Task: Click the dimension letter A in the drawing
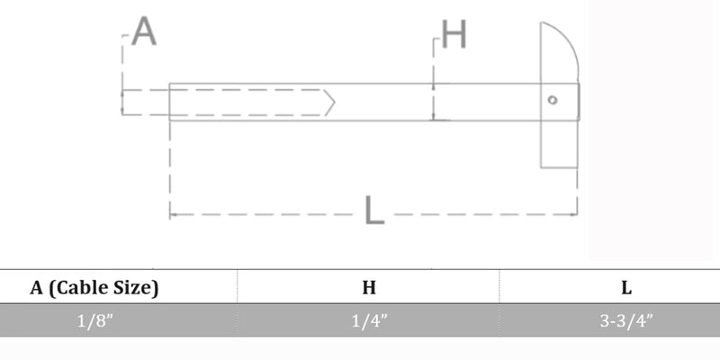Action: point(144,31)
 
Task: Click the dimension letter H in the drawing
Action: point(454,34)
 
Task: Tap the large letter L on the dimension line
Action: point(374,211)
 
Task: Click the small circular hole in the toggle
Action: point(553,100)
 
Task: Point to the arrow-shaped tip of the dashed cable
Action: point(329,103)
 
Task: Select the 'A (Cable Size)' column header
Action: point(94,288)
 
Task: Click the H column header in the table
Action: point(369,287)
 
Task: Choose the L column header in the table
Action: point(626,288)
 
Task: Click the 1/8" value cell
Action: point(94,320)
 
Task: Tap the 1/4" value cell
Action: point(369,320)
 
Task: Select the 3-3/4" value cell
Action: point(625,320)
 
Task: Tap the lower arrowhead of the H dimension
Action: point(433,117)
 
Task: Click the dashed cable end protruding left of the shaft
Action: point(146,103)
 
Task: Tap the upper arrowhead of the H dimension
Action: point(433,87)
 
